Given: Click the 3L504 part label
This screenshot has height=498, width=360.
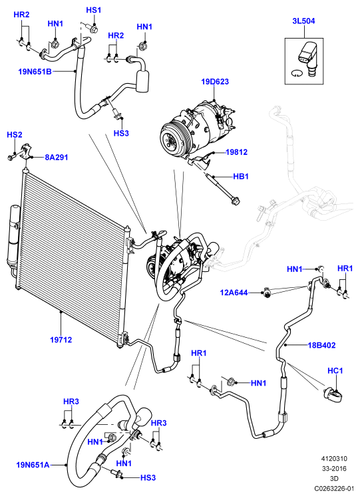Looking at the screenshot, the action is (x=303, y=21).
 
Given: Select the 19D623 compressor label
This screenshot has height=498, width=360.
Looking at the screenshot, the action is (x=215, y=82).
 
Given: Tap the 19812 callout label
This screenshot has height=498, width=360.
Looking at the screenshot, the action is (x=236, y=152).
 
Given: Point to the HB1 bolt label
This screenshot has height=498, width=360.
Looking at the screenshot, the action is (x=240, y=176).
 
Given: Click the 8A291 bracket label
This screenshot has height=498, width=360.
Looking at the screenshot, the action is (x=57, y=157).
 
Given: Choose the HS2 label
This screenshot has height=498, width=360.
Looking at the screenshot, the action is (x=14, y=135).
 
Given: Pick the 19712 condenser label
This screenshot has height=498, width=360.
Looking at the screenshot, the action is (x=61, y=340).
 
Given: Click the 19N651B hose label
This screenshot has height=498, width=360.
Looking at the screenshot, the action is (x=35, y=71).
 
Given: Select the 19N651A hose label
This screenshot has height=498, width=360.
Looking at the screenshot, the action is (x=33, y=465).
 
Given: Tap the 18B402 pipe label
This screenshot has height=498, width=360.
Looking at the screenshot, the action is (x=321, y=345).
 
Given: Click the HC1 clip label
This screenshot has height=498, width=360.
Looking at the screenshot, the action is (x=335, y=370).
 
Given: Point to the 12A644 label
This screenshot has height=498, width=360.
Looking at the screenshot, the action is (x=234, y=292).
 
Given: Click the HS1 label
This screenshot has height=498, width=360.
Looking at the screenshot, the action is (x=93, y=10).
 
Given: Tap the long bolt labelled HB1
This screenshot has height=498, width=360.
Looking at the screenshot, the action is (x=223, y=188).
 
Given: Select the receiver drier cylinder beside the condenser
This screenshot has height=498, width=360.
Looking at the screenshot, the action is (x=13, y=237).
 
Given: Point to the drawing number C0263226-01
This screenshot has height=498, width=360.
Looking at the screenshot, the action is (x=334, y=488).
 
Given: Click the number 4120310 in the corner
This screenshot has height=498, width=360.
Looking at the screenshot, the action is (x=334, y=459).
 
